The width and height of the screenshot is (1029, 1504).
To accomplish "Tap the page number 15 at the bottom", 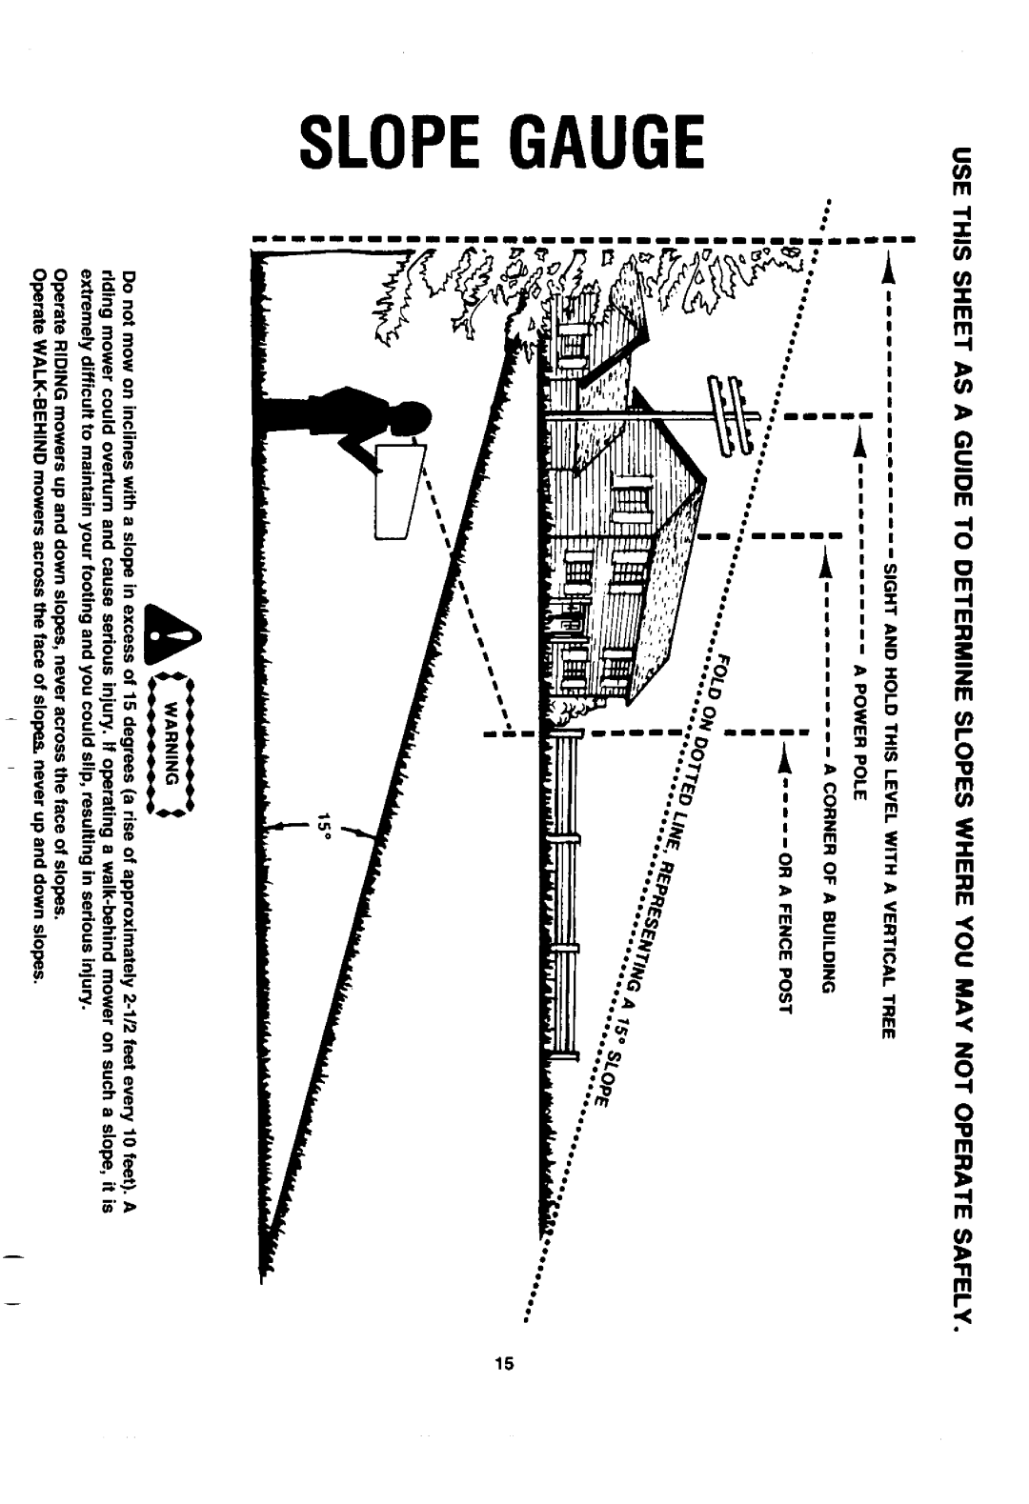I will tap(504, 1363).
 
